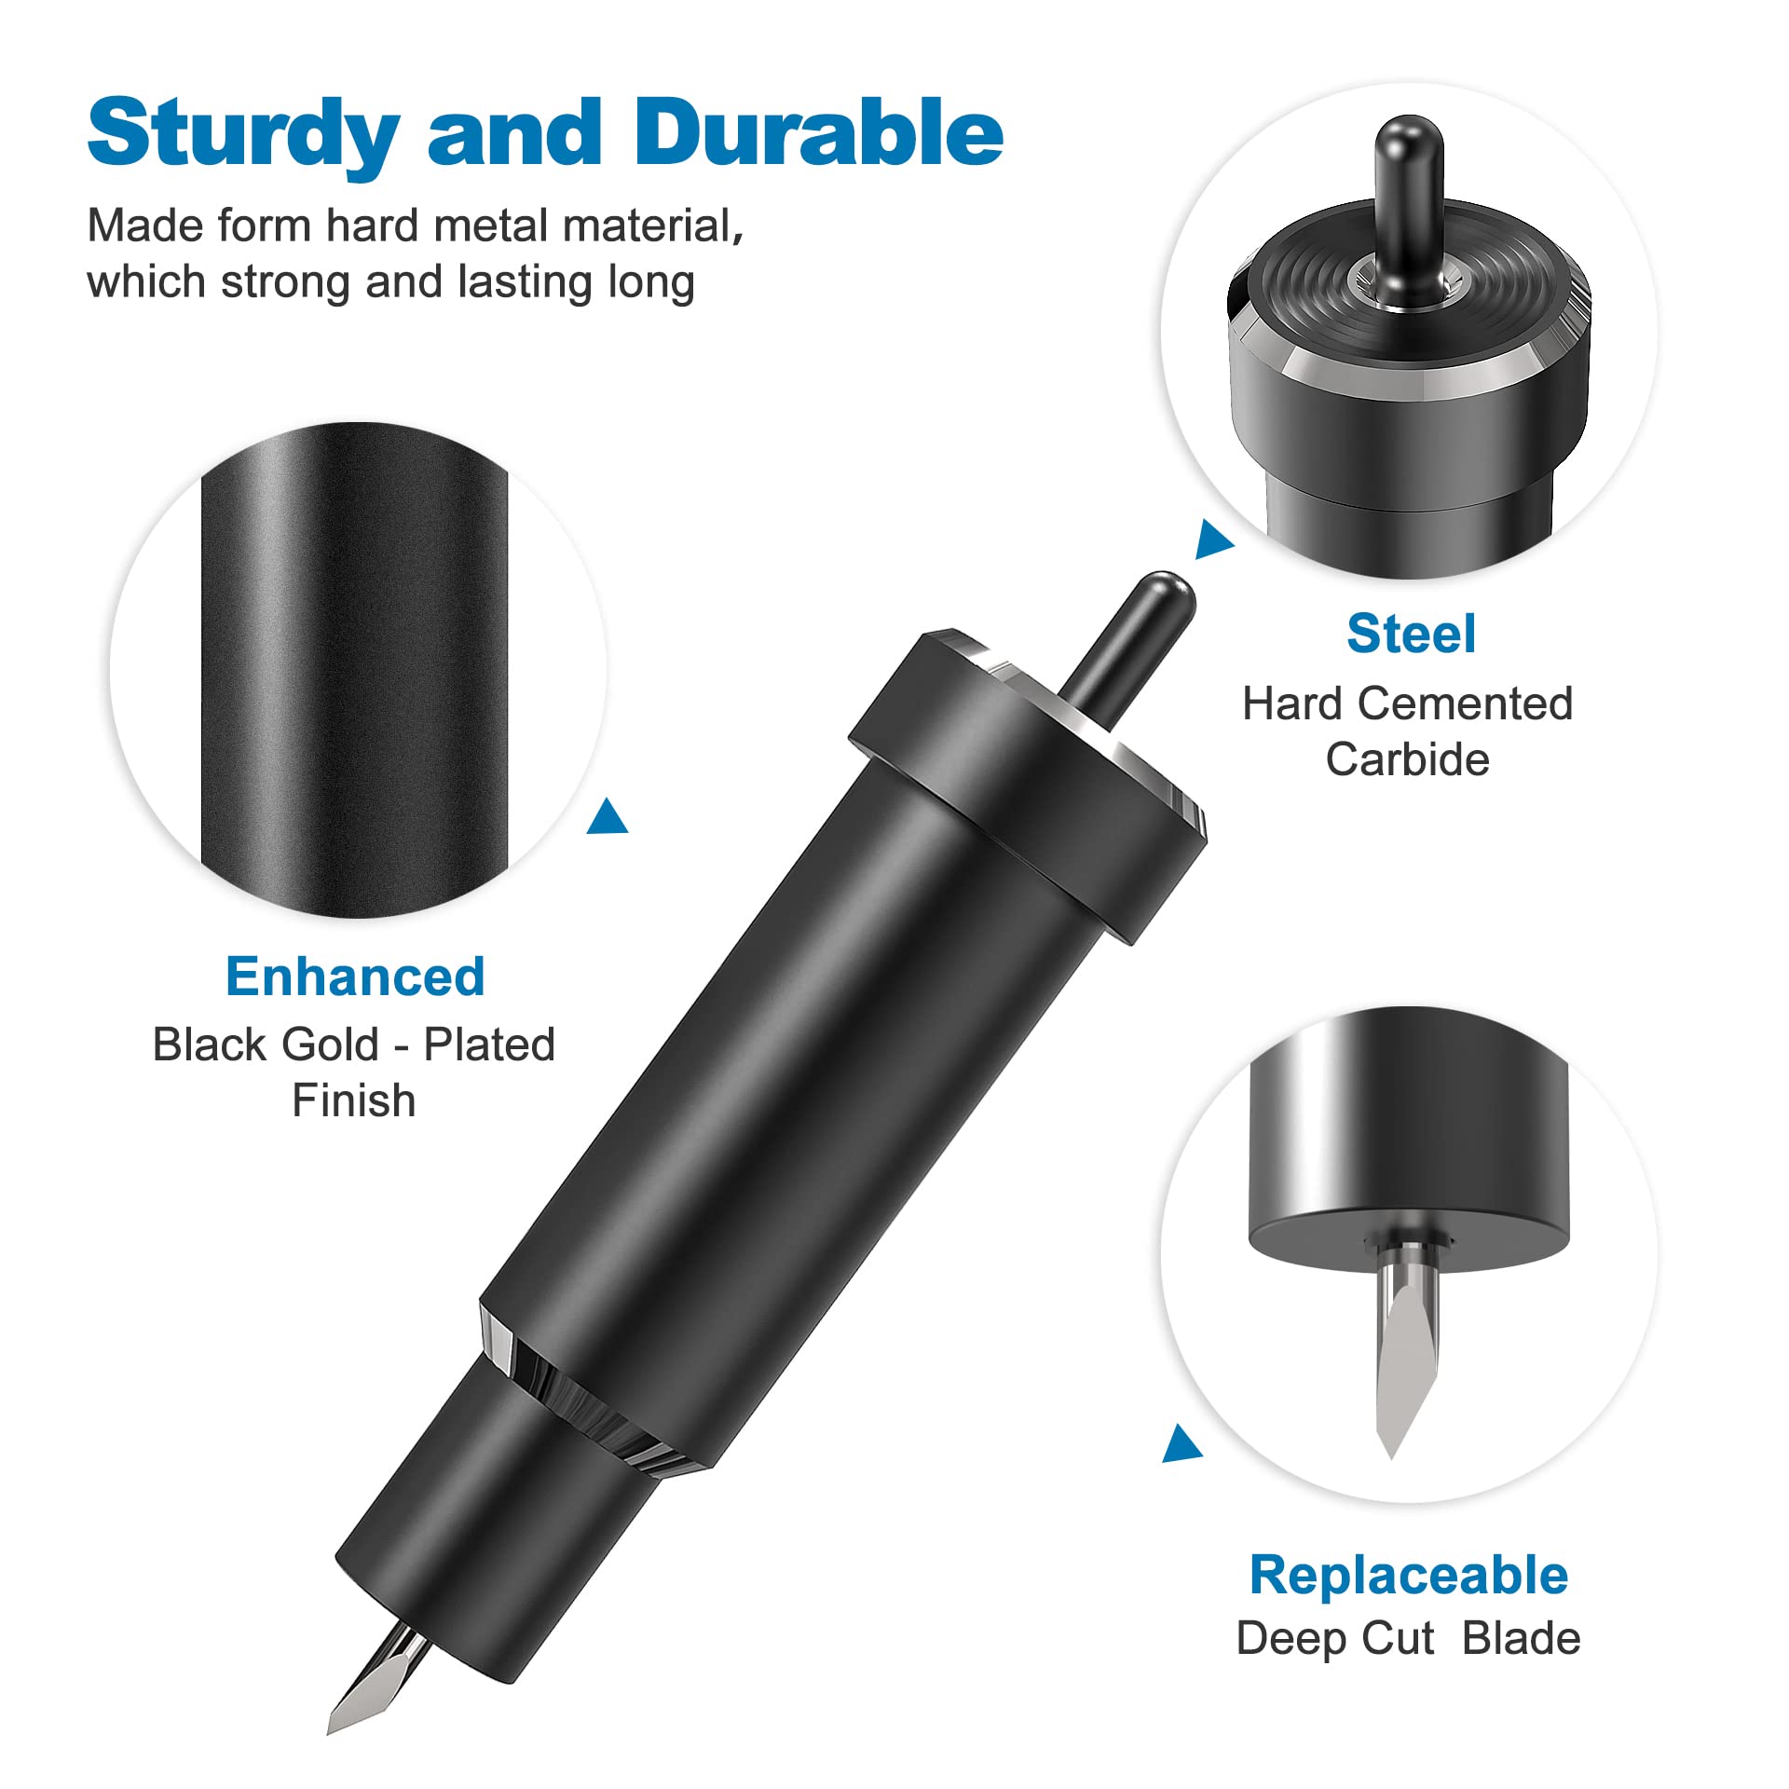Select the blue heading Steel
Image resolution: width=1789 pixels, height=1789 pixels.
(x=1411, y=635)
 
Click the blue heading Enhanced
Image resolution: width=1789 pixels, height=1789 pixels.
(x=355, y=977)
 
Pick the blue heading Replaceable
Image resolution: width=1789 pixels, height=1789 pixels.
(x=1408, y=1576)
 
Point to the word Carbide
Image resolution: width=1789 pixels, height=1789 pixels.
(x=1407, y=759)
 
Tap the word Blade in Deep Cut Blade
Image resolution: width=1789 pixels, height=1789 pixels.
(x=1521, y=1639)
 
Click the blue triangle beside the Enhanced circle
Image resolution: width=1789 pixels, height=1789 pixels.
(x=608, y=816)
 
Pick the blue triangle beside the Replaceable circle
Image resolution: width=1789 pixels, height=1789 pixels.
(x=1182, y=1444)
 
